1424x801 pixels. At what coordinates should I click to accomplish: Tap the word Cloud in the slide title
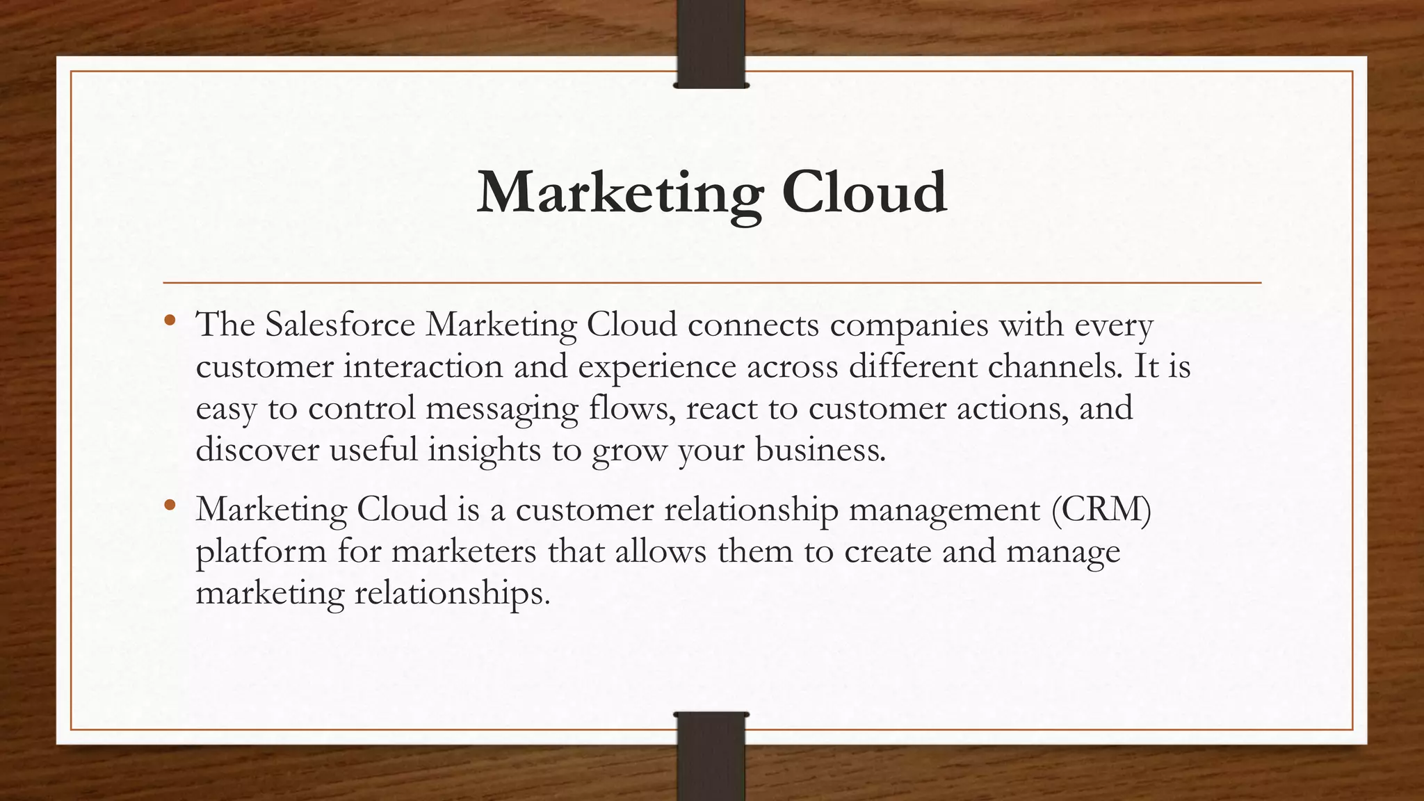(x=864, y=192)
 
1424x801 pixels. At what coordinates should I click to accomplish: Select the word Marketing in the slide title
(x=620, y=193)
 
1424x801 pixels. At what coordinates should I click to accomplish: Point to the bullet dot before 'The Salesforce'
(x=170, y=321)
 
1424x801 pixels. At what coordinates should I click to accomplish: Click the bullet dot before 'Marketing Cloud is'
(x=170, y=506)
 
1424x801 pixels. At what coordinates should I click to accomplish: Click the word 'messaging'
(x=501, y=409)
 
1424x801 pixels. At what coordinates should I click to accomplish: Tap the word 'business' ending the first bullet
(x=820, y=450)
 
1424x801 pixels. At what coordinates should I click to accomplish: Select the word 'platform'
(x=261, y=552)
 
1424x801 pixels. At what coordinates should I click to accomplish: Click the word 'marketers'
(x=464, y=551)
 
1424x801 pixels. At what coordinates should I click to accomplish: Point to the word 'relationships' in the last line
(x=452, y=593)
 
